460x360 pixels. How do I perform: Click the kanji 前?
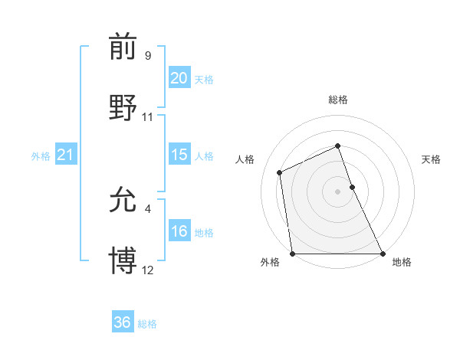(x=123, y=47)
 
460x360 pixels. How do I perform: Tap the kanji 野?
(x=123, y=106)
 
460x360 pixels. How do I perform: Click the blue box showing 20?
(x=179, y=78)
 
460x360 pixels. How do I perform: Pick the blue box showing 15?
(x=179, y=155)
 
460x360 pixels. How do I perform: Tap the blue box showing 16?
(x=179, y=231)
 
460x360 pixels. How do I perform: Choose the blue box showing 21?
(x=65, y=155)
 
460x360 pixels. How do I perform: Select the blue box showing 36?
(x=122, y=322)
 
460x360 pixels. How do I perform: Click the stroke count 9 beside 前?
(x=147, y=56)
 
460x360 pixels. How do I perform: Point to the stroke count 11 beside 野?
(x=148, y=117)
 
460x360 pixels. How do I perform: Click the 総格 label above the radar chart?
(x=337, y=100)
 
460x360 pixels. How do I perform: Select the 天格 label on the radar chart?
(x=431, y=159)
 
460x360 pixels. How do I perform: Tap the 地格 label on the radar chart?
(x=402, y=262)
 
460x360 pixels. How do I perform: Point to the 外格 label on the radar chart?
(x=270, y=262)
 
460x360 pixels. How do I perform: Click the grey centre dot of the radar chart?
(x=337, y=191)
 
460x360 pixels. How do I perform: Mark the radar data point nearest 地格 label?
(x=382, y=253)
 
